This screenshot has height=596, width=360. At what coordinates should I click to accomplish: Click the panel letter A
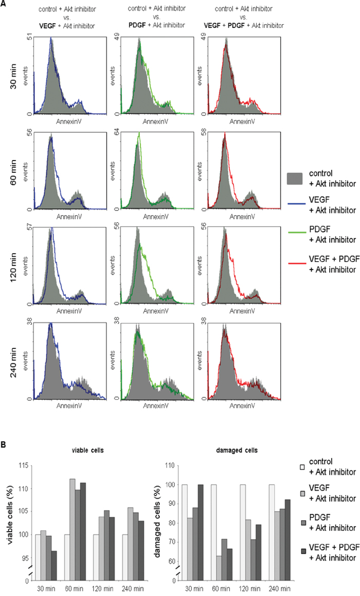coord(4,4)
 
